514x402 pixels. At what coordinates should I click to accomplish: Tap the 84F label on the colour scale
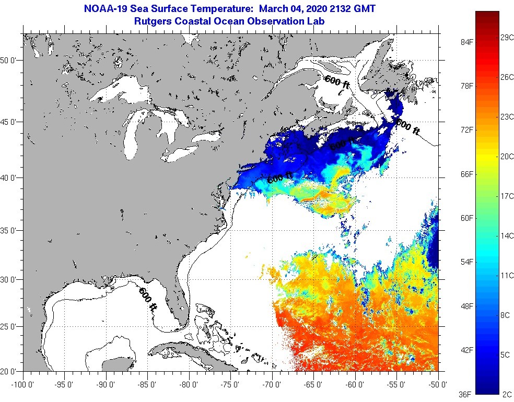[x=459, y=42]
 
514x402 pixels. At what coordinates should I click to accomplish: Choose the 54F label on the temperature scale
[x=459, y=262]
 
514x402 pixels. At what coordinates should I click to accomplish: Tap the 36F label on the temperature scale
[x=459, y=395]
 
